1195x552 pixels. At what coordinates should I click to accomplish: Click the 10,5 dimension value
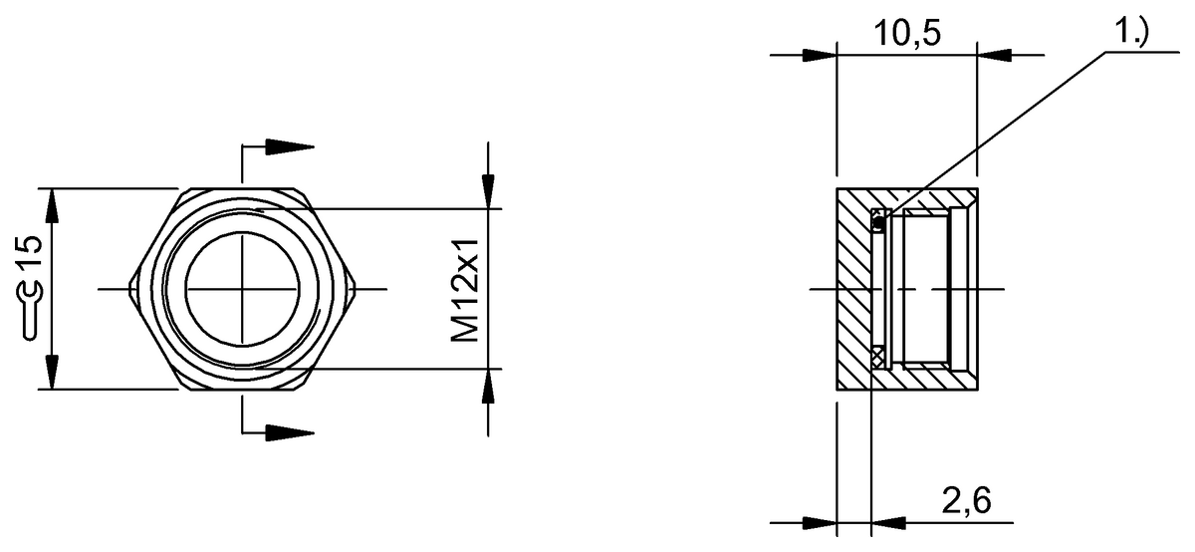tap(907, 33)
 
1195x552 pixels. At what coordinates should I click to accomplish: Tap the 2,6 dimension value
tap(966, 501)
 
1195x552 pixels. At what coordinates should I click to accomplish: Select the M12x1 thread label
tap(465, 290)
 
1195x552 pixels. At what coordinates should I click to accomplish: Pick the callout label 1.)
tap(1132, 32)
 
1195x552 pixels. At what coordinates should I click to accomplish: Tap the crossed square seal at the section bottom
tap(877, 356)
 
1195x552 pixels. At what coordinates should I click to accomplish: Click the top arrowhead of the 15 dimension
tap(51, 205)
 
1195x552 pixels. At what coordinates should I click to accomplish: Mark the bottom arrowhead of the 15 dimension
tap(51, 372)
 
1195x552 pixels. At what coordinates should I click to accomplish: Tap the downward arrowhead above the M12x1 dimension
tap(488, 191)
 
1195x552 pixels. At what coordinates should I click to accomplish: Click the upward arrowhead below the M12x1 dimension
tap(488, 386)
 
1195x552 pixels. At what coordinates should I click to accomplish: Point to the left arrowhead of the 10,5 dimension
tap(820, 55)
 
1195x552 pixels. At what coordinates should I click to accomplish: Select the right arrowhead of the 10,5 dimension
tap(995, 55)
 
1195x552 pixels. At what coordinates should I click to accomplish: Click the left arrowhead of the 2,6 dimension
tap(820, 523)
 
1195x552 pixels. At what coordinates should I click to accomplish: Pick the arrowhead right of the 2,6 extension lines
tap(888, 523)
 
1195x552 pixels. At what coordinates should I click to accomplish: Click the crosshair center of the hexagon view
tap(242, 289)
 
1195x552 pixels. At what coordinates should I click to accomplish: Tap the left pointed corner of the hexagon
tap(130, 289)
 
